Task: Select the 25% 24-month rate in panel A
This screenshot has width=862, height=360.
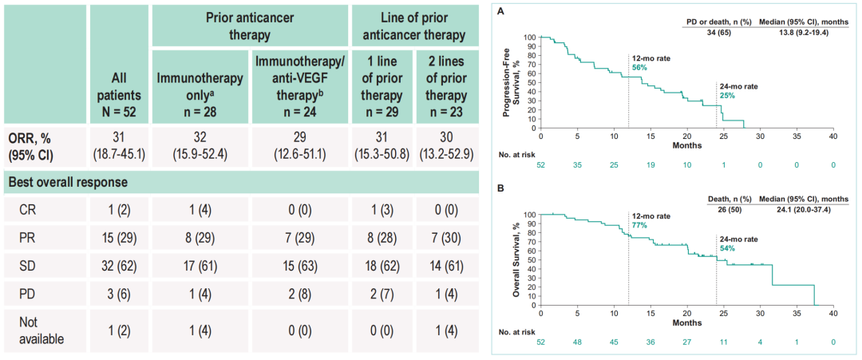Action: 726,96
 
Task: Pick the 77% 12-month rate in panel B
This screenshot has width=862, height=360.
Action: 639,226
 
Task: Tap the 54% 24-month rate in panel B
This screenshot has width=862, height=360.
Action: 726,248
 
